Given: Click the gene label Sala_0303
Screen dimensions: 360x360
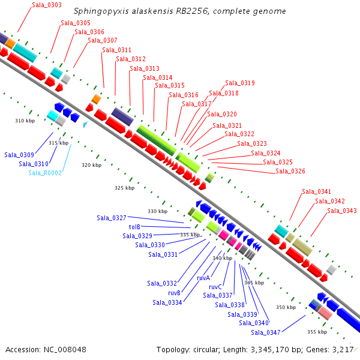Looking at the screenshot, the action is (x=47, y=5).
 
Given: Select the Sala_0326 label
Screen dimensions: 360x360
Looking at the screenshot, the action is (x=290, y=171).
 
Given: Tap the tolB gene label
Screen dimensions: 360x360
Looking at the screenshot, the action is (x=134, y=227).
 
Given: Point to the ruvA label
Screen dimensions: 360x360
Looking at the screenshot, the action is (x=203, y=278).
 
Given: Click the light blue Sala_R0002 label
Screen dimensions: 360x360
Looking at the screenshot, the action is (x=45, y=173).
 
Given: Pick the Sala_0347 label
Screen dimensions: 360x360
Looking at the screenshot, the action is (x=266, y=332).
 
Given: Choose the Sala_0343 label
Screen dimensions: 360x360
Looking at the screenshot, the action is (x=342, y=211).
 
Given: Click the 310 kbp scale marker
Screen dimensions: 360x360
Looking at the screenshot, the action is (x=25, y=121).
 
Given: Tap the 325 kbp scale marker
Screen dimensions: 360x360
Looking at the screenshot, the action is (x=124, y=188).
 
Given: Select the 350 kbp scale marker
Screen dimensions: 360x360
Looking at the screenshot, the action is (x=286, y=307).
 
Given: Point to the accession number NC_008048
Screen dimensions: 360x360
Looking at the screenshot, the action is (x=65, y=350).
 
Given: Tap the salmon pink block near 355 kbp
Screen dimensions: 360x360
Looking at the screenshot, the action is (x=325, y=313).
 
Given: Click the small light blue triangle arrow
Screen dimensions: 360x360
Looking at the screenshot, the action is (x=85, y=124).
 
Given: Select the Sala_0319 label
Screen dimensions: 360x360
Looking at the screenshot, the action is (x=240, y=83).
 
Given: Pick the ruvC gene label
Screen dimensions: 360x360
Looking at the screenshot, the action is (x=215, y=287).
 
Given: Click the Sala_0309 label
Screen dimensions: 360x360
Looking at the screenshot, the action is (x=19, y=155).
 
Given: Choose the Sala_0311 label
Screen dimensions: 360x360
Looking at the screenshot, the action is (x=116, y=50).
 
